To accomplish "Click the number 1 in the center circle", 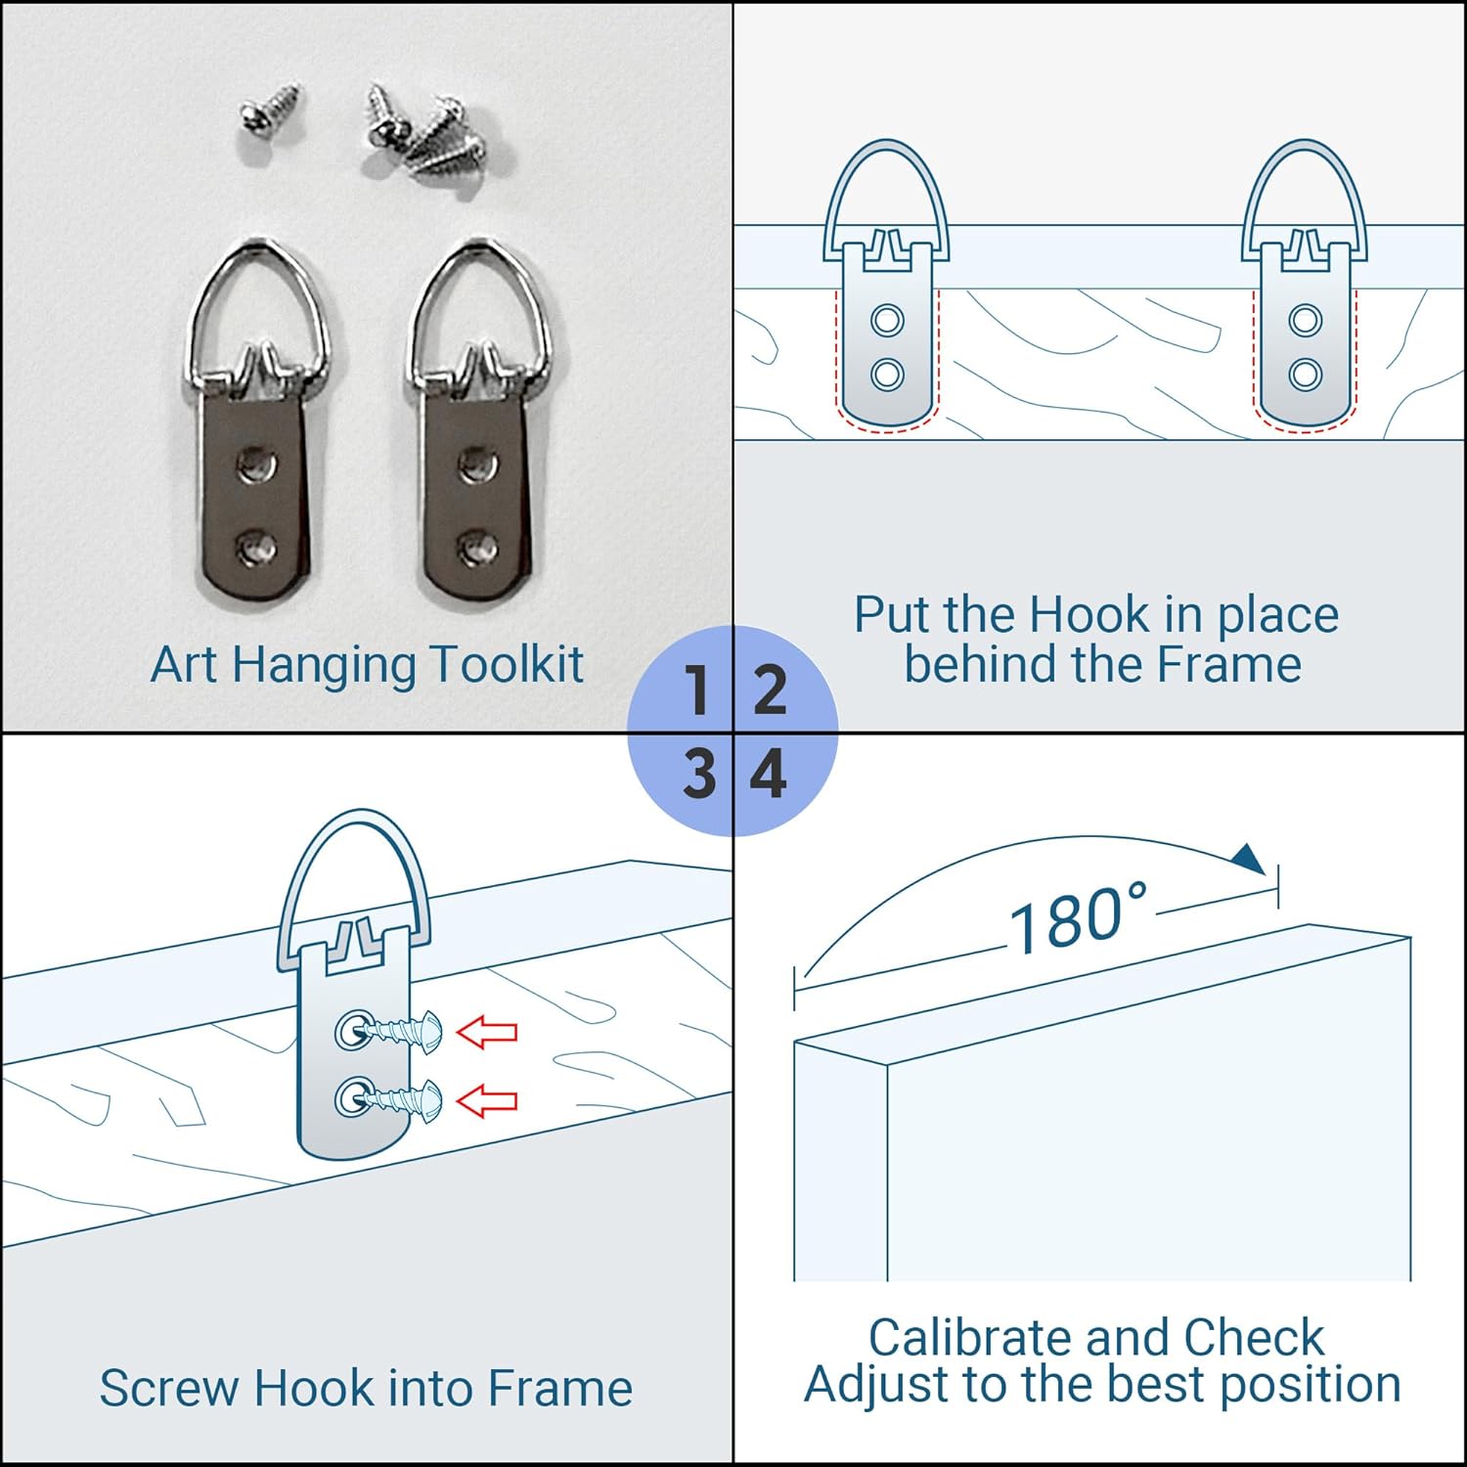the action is [698, 689].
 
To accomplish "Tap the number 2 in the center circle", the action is [771, 689].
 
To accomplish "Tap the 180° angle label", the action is [1078, 918].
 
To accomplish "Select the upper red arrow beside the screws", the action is [487, 1031].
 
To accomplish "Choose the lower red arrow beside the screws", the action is [487, 1101].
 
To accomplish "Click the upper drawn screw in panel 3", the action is [397, 1031].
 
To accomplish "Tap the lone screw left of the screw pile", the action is [271, 110].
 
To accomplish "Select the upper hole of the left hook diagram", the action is [887, 320].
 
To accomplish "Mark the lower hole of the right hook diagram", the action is [1306, 373].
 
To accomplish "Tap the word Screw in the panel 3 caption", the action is [170, 1388].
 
